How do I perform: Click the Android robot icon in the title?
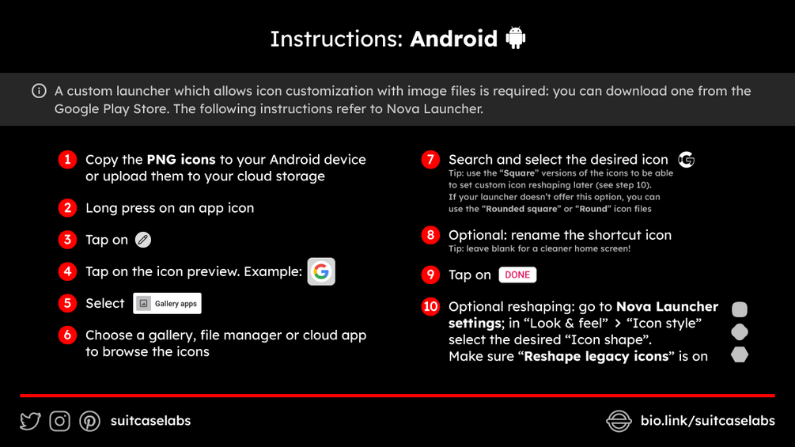point(516,37)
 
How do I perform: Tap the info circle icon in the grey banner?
point(39,91)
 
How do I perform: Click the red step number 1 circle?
point(67,160)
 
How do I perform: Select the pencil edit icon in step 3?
point(143,240)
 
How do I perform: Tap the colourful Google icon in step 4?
point(321,271)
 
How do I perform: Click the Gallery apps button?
point(168,304)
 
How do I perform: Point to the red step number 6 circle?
point(67,335)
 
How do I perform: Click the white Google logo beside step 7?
point(687,160)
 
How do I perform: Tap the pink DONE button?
point(517,275)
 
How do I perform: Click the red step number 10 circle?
point(430,307)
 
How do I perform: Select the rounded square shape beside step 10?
point(740,309)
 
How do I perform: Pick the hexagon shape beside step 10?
point(740,354)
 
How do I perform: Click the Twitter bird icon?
point(30,421)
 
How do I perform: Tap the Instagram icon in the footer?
point(60,421)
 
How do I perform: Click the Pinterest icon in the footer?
point(89,421)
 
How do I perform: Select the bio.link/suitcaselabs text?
point(708,421)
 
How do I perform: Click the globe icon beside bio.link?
point(619,421)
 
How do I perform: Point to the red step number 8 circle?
point(430,235)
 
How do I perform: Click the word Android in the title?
point(454,39)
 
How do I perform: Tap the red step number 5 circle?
point(67,303)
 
